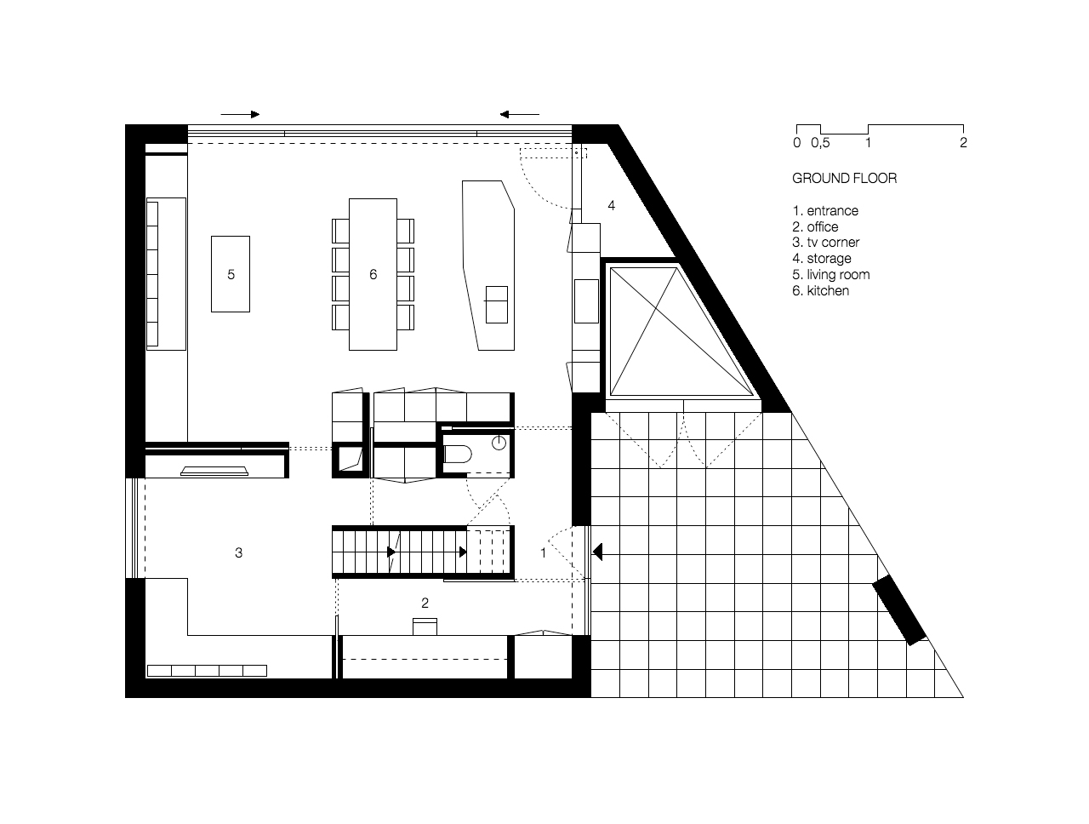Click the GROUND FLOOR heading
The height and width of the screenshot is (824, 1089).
[844, 178]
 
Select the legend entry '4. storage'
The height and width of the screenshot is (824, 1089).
[821, 258]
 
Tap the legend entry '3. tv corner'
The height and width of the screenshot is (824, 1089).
[825, 243]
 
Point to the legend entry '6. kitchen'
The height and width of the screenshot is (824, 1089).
[820, 290]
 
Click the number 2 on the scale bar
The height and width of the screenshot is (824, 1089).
[963, 143]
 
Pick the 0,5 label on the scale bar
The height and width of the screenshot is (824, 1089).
[819, 143]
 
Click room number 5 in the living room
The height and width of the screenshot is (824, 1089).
[231, 274]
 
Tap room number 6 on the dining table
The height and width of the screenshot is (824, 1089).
[373, 274]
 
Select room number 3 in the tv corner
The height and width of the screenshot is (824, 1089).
[238, 552]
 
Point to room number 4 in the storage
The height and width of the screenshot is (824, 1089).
[611, 205]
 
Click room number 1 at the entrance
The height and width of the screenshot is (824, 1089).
[543, 552]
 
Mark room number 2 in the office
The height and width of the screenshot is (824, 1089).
[425, 603]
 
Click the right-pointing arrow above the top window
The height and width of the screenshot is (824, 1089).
[240, 114]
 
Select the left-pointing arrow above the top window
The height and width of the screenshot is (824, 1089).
[519, 114]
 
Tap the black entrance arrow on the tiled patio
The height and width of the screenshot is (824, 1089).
[597, 552]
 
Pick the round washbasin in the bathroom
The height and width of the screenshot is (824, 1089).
[499, 443]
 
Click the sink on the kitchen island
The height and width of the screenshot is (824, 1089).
[495, 303]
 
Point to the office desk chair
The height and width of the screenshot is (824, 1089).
[425, 627]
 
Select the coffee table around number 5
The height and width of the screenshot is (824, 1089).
[231, 274]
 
